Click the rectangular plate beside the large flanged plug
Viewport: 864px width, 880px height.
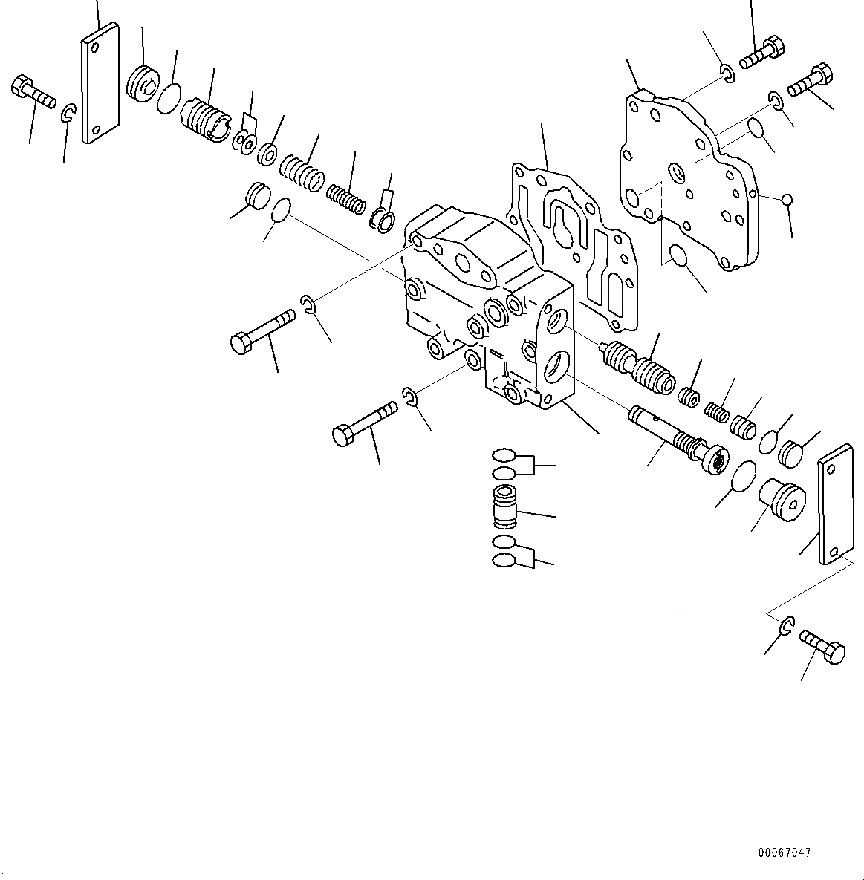(835, 504)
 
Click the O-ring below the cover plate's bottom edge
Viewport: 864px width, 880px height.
(678, 256)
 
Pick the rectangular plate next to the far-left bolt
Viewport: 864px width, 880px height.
(100, 82)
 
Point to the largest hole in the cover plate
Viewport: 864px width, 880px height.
(632, 198)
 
